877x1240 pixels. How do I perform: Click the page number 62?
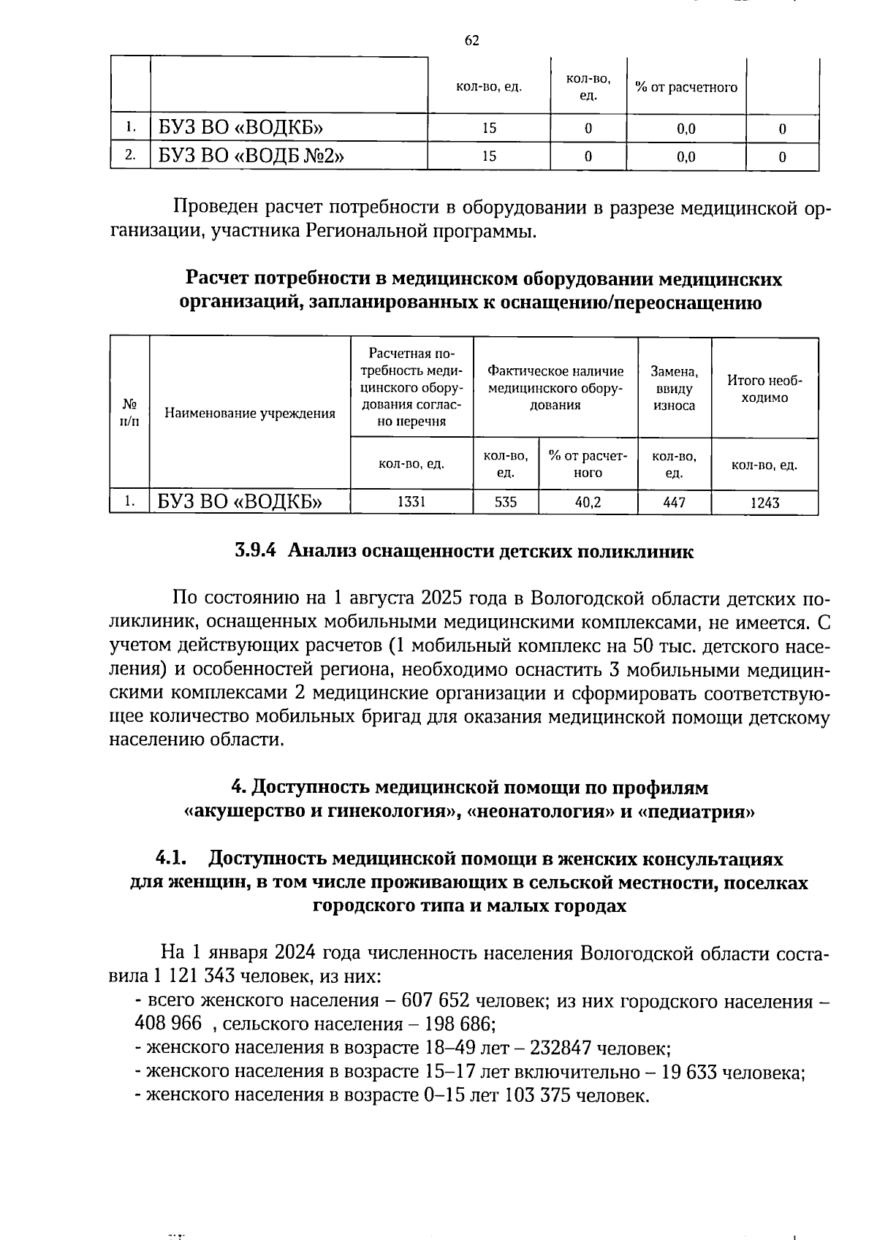[472, 40]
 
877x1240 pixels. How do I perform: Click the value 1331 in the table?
[411, 502]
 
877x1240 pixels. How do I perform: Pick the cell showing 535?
[506, 502]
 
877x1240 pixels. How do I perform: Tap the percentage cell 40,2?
[588, 502]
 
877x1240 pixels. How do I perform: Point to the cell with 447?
[674, 502]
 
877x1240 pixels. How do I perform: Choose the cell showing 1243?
[764, 503]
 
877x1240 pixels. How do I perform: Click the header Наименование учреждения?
[250, 414]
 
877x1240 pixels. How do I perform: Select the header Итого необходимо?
[764, 389]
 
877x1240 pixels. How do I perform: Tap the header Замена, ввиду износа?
[674, 389]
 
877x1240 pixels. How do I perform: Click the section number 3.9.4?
[255, 552]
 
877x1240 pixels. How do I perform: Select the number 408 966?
[168, 1024]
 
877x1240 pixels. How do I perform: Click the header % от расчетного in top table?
[686, 88]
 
